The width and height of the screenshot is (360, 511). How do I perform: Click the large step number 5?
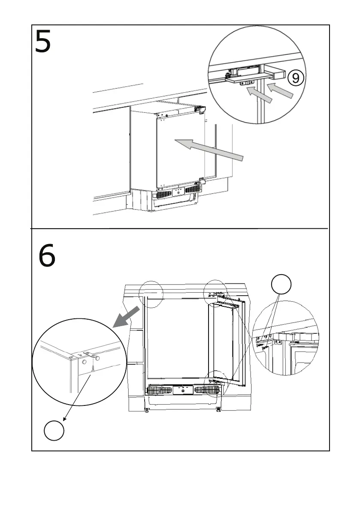(43, 42)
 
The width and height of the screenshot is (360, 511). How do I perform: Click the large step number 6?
(47, 257)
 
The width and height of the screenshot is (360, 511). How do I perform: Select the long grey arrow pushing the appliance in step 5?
(210, 150)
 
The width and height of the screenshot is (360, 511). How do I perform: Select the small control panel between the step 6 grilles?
(183, 390)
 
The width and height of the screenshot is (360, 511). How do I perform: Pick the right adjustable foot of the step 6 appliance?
(219, 410)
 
